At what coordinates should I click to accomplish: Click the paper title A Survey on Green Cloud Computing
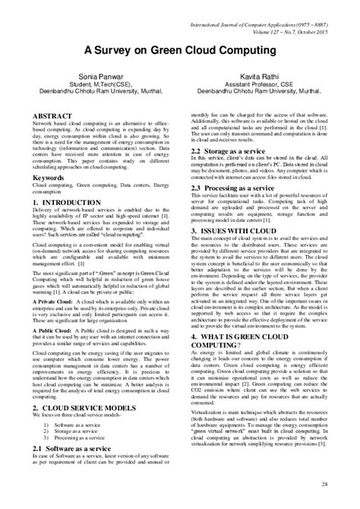click(x=179, y=48)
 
